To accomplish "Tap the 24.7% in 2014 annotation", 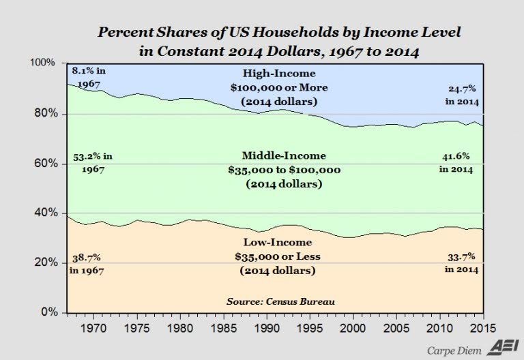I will click(461, 95).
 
